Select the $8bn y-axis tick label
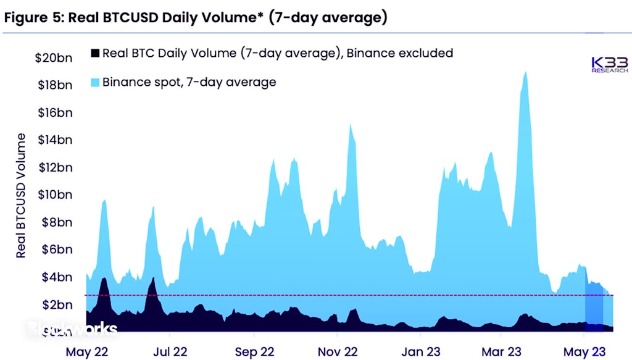pos(57,222)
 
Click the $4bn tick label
pos(57,277)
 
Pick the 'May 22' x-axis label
pos(88,351)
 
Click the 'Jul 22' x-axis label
pos(170,351)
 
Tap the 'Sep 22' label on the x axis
pos(254,351)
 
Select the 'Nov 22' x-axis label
pos(337,351)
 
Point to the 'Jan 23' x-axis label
pos(420,351)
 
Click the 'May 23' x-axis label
pos(584,351)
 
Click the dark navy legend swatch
pos(94,52)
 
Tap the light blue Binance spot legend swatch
pos(94,82)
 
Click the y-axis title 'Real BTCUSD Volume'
pos(21,195)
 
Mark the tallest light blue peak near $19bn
pos(525,73)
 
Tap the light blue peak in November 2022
pos(351,126)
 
